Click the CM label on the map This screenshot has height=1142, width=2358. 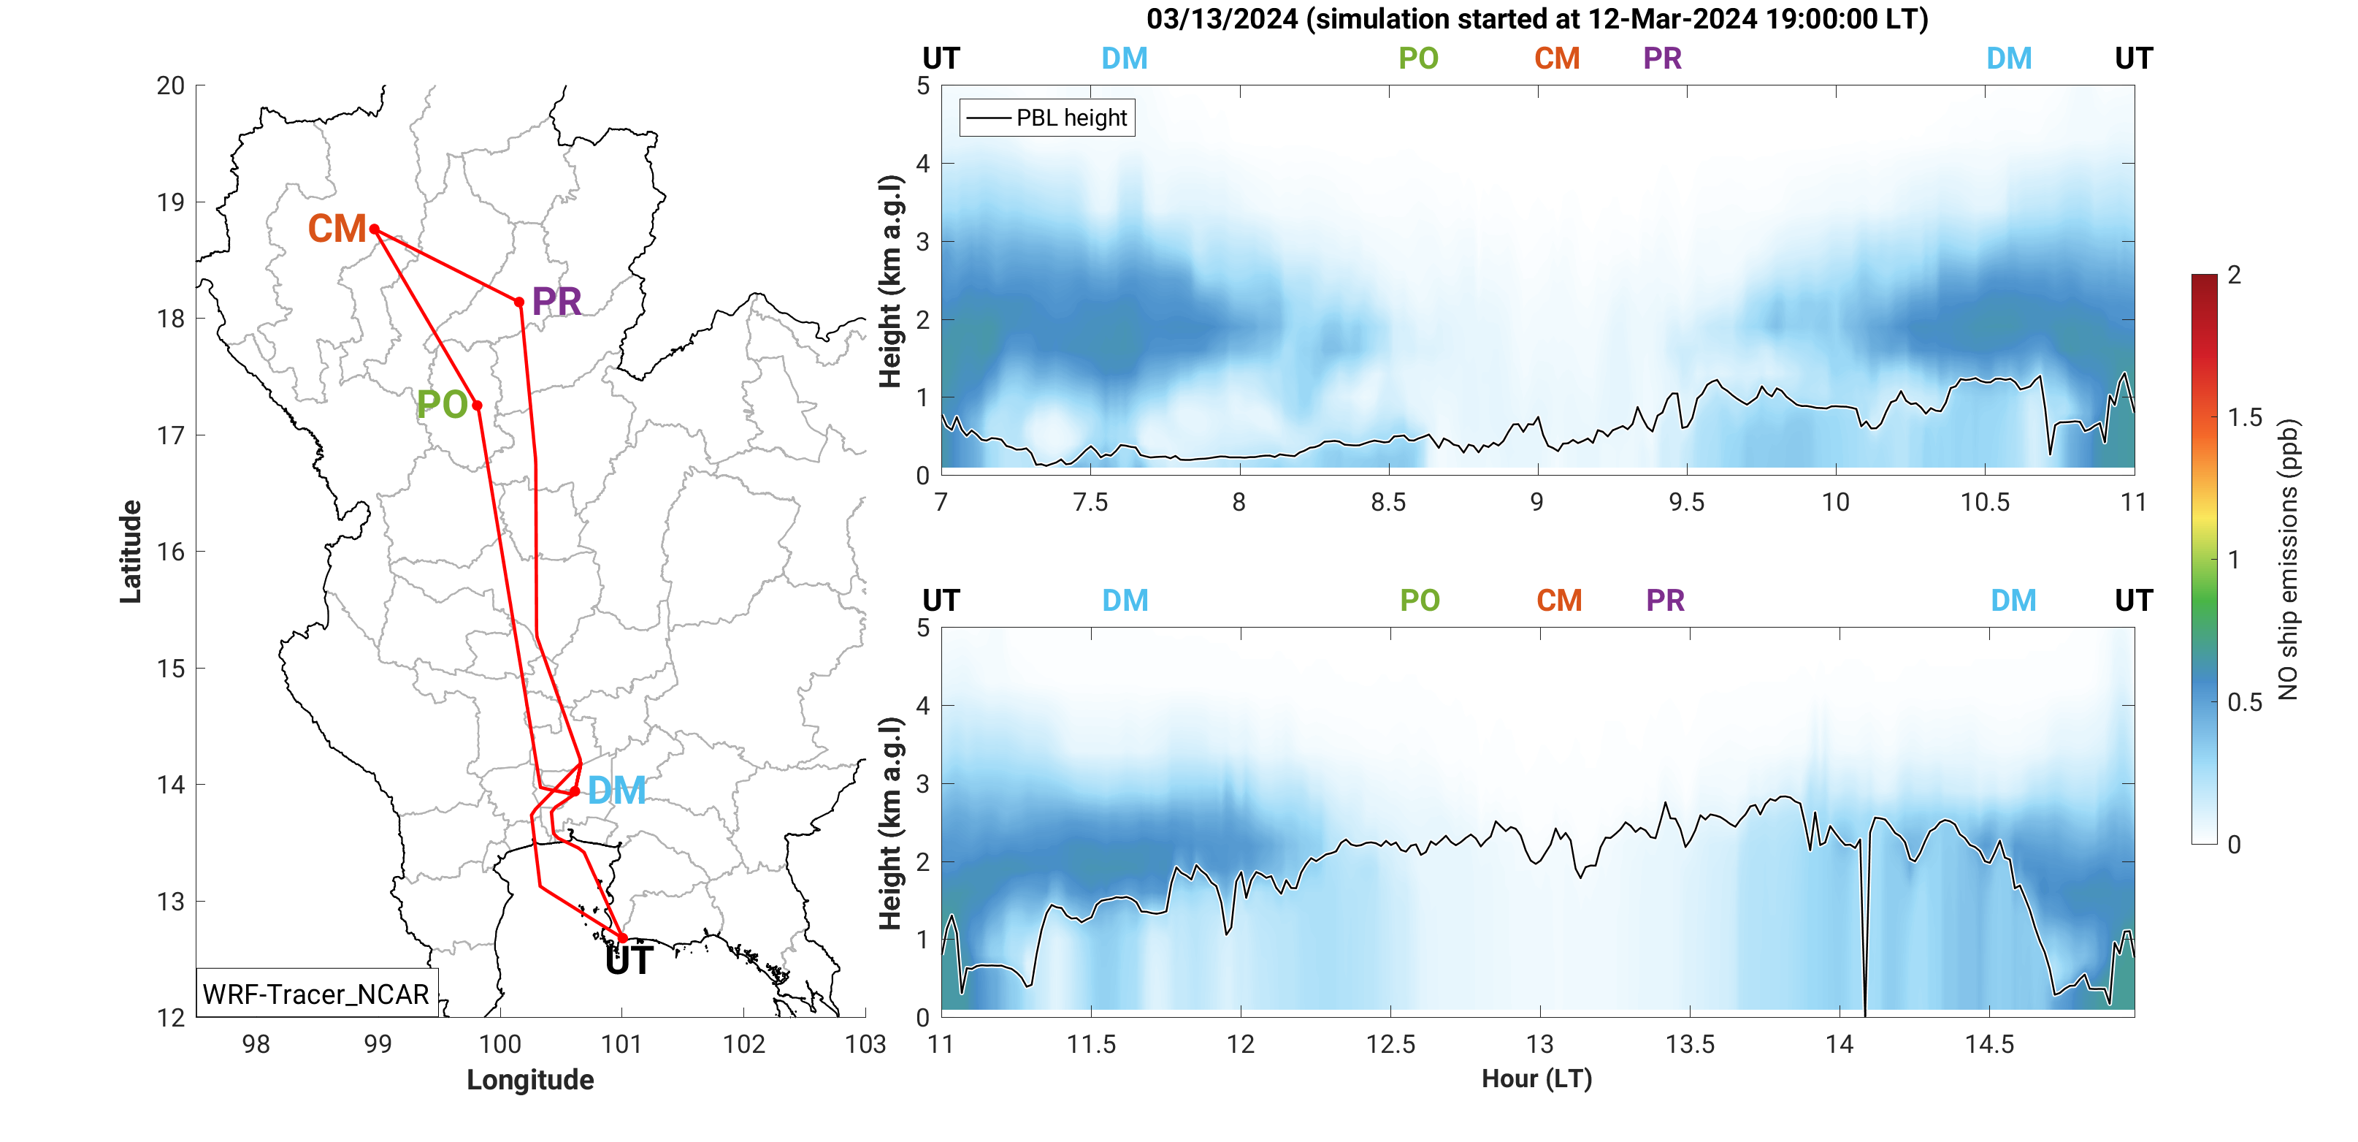point(336,229)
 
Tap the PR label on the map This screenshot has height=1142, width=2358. point(556,302)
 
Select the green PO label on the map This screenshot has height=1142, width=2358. point(442,405)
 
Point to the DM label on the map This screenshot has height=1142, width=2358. point(616,791)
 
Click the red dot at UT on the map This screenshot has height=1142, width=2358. point(622,937)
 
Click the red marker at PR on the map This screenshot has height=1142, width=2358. point(519,302)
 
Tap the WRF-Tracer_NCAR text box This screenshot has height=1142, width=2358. point(315,994)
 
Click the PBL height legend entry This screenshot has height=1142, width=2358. point(1047,118)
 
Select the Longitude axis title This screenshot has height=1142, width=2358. point(530,1080)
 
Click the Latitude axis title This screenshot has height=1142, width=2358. point(131,552)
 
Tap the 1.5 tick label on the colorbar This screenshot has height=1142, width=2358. point(2245,418)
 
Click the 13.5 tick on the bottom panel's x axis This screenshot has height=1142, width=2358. point(1690,1045)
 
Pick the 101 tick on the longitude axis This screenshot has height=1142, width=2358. point(621,1045)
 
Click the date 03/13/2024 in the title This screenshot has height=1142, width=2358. point(1221,18)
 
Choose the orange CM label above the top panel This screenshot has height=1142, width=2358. point(1557,58)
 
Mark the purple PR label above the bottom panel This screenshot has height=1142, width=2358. point(1665,601)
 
